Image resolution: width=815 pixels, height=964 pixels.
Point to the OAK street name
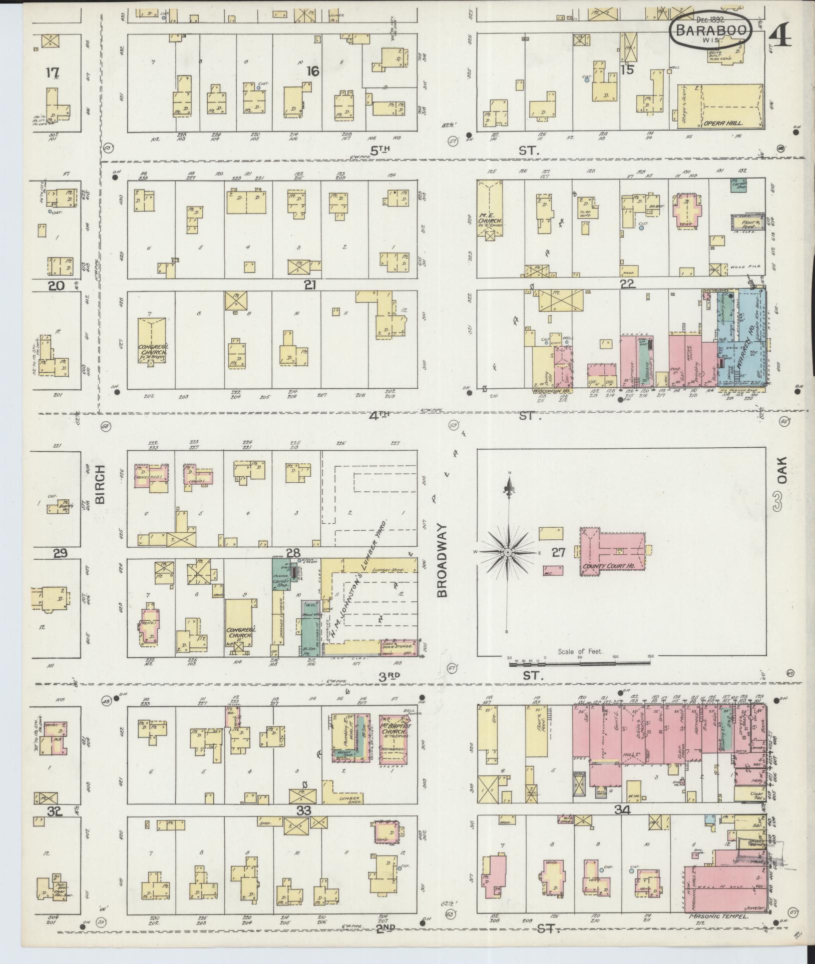[782, 470]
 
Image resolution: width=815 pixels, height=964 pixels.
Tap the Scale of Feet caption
[581, 651]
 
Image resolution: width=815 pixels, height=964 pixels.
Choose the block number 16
[313, 72]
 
